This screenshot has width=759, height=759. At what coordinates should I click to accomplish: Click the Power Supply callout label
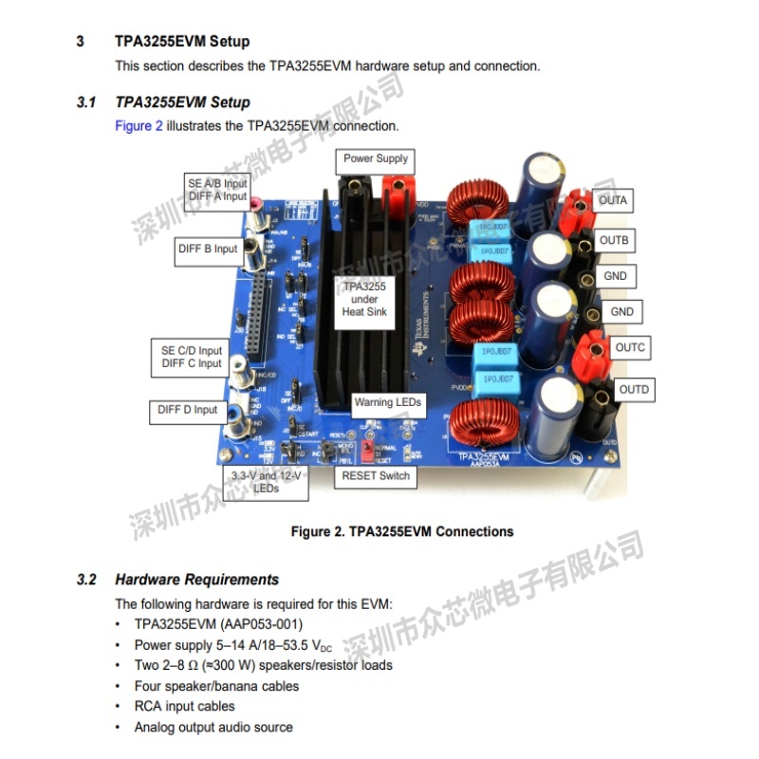376,158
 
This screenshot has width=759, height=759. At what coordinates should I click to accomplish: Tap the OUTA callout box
613,201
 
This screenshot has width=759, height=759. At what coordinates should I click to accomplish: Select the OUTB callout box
614,240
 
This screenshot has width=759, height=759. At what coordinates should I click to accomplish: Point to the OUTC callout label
630,347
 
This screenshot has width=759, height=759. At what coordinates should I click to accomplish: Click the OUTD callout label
634,389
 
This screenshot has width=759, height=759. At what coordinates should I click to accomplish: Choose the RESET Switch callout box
376,475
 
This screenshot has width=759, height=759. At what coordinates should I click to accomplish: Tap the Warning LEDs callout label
387,402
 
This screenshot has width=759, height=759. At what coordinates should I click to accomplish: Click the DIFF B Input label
208,250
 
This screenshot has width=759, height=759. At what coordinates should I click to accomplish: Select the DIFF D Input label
186,411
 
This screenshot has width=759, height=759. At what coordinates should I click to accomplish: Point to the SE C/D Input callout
191,357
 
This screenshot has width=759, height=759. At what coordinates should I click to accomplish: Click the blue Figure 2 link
139,125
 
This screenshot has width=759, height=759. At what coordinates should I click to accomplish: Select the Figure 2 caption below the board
401,531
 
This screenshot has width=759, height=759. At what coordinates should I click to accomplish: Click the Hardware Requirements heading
196,579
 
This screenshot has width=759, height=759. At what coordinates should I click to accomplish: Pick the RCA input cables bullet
184,706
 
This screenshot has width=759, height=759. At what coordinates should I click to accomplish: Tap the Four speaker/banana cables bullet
216,685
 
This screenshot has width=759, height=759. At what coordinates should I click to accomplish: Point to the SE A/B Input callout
217,189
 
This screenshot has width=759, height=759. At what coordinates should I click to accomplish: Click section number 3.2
86,579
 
